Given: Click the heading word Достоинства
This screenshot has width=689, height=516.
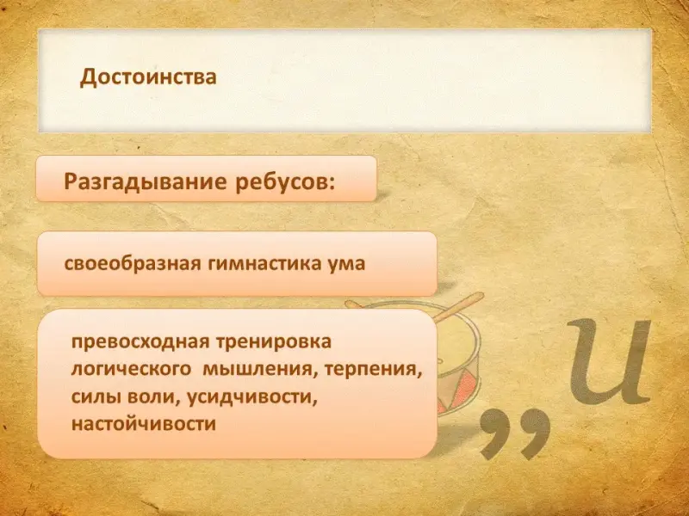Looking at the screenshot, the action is coord(148,77).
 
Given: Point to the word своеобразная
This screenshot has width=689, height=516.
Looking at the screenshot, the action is coord(133,264).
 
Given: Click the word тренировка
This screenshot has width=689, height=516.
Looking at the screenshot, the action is coord(273,341).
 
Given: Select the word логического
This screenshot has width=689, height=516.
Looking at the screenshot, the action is coord(131,369).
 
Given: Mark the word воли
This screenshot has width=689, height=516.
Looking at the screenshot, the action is coord(154,397).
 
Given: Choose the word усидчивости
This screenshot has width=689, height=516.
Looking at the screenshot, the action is coord(252,397).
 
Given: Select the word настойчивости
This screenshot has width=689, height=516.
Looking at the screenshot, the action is coord(144,424).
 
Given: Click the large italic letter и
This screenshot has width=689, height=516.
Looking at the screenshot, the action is coord(610,362).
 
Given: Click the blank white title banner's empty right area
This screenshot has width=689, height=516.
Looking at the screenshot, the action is coord(483,81).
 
